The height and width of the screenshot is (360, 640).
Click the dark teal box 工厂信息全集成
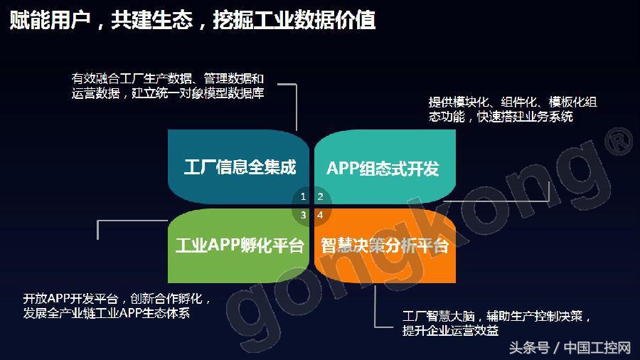(240, 167)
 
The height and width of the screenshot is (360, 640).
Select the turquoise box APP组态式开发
(383, 168)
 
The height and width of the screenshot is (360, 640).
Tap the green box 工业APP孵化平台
(240, 245)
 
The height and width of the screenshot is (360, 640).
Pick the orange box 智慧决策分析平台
(384, 245)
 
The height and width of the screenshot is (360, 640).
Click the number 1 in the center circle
(304, 196)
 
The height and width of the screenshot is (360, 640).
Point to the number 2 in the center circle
(320, 196)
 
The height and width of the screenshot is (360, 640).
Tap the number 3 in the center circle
(304, 214)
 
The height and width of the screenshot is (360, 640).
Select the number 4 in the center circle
(320, 214)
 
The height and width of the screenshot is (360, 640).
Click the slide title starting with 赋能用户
(192, 21)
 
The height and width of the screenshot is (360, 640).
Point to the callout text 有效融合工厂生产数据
(168, 78)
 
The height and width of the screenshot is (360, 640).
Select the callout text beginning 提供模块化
(512, 102)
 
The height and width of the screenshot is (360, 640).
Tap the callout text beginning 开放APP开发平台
(117, 298)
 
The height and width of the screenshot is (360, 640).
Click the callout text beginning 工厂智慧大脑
(496, 316)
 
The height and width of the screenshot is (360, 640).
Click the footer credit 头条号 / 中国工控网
(570, 348)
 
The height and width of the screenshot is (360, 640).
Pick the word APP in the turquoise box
(345, 168)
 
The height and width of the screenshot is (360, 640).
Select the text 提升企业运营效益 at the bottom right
(450, 331)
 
